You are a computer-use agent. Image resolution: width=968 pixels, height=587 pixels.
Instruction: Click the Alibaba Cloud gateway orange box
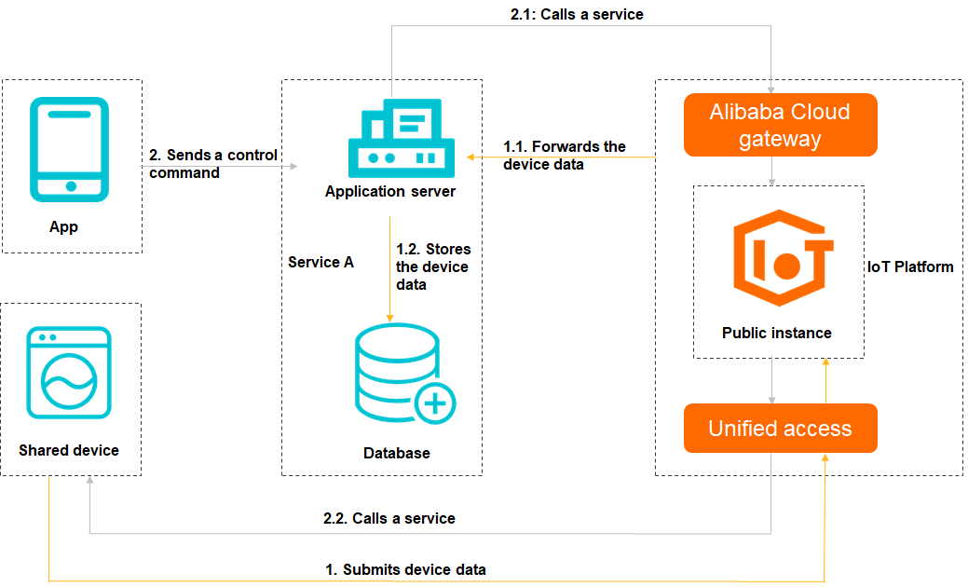click(780, 125)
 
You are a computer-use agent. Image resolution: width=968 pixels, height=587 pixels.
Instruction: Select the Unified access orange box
click(780, 429)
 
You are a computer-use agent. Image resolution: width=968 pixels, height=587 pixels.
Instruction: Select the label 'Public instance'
click(777, 333)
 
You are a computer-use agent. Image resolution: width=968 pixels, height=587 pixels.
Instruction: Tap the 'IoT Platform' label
click(910, 266)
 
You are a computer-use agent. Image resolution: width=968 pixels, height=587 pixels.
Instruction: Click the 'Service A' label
click(320, 263)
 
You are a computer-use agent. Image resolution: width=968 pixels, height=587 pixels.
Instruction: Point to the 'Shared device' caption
click(69, 450)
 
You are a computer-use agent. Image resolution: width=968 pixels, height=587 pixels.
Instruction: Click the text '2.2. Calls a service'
click(389, 518)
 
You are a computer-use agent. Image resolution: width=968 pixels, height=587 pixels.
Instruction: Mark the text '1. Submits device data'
click(405, 569)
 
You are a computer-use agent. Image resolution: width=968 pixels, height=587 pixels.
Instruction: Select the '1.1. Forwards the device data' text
click(564, 156)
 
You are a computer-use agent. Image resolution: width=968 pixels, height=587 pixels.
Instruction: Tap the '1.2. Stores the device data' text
click(433, 266)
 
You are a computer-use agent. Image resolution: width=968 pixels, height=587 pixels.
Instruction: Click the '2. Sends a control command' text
click(213, 164)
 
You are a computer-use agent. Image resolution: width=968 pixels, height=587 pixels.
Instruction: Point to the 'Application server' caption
click(390, 192)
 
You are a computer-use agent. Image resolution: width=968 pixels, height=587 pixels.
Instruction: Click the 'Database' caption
click(397, 453)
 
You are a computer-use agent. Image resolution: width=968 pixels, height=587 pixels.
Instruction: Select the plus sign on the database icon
click(433, 403)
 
